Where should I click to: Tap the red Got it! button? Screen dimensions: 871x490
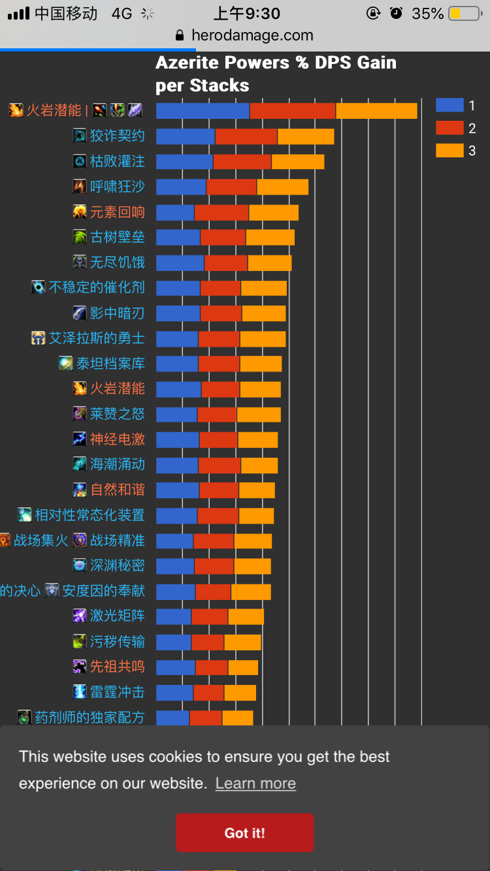[x=244, y=832]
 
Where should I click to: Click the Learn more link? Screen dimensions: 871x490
[x=255, y=784]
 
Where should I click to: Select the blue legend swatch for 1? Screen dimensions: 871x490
[x=449, y=105]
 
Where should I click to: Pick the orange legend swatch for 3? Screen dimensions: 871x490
[x=449, y=151]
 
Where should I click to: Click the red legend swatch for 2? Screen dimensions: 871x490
[x=449, y=128]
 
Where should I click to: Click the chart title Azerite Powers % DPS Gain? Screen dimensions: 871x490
[x=276, y=63]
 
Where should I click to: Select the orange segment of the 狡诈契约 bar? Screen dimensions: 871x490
[x=306, y=136]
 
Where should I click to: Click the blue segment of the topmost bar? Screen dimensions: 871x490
[x=203, y=111]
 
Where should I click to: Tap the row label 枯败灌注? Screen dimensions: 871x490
[x=118, y=161]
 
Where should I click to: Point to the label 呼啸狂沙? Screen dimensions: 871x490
[x=118, y=187]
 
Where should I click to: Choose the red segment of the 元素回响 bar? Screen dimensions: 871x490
[x=221, y=213]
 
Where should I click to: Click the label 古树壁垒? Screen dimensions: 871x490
[x=118, y=237]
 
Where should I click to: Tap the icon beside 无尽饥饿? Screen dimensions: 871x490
[x=80, y=262]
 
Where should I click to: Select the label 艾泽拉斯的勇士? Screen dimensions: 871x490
[x=97, y=338]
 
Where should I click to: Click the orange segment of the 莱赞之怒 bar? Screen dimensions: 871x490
[x=259, y=415]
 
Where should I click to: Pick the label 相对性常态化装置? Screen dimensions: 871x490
[x=90, y=515]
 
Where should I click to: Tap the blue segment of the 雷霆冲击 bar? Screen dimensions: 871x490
[x=174, y=692]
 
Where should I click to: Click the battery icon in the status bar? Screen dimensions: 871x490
[x=465, y=14]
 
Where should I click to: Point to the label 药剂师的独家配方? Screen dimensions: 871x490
[x=90, y=718]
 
